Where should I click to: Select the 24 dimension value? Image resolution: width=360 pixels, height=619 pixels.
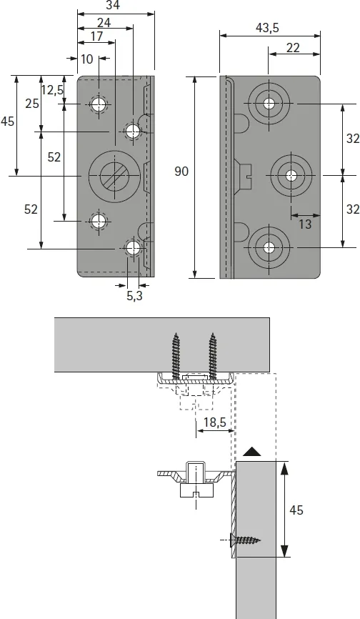point(104,22)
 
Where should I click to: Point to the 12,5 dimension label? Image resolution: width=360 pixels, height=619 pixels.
point(53,89)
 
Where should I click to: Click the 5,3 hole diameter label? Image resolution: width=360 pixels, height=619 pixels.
point(134,295)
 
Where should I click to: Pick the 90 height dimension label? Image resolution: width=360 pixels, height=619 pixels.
point(182,171)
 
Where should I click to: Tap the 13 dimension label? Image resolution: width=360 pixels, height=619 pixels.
point(305,224)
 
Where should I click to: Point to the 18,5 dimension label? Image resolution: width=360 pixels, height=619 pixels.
point(214,422)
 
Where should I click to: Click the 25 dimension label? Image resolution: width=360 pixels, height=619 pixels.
point(31,104)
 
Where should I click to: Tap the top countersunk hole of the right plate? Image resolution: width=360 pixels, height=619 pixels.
point(269,104)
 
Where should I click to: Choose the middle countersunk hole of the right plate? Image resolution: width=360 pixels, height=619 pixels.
point(291,175)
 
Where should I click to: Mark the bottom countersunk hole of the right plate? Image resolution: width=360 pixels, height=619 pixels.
point(269,247)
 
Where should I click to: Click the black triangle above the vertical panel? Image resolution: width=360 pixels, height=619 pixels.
point(252,452)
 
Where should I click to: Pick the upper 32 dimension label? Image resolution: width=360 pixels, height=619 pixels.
point(351,139)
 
